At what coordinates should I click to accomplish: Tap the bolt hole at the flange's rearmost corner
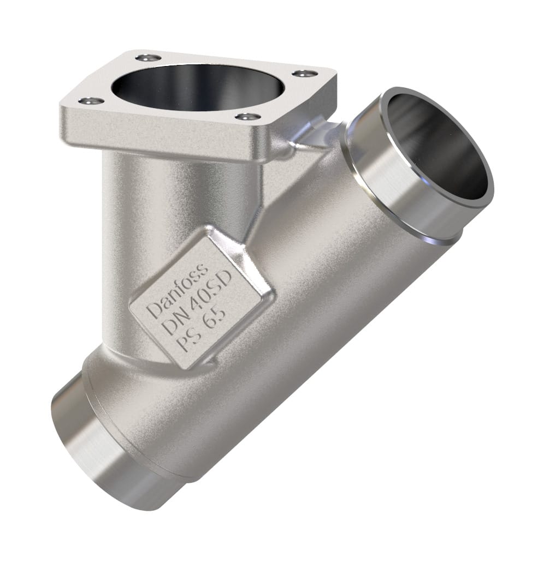148,57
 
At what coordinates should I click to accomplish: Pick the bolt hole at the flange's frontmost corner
249,116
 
